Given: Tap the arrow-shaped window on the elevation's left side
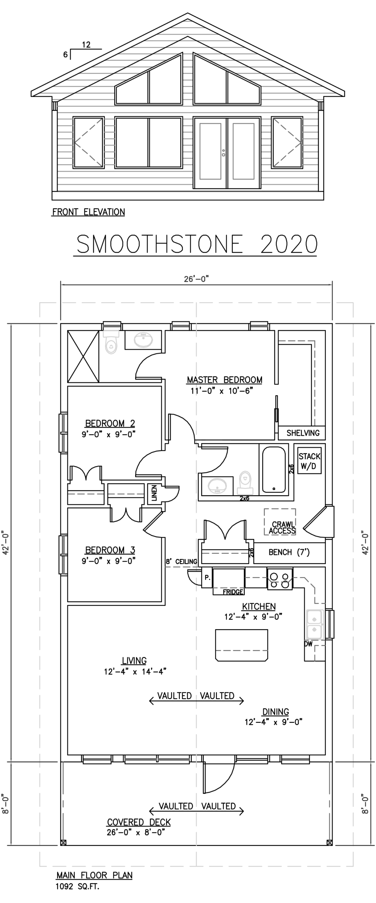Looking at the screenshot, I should [x=88, y=143].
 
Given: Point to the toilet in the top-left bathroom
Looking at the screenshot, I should [x=111, y=341].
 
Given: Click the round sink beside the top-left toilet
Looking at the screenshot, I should [x=144, y=340].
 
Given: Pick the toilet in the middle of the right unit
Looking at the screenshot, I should [x=244, y=483].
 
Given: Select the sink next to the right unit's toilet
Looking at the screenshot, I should [x=217, y=486].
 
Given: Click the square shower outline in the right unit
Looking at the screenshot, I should [x=279, y=522].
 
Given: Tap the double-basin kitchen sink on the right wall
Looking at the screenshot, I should [x=314, y=623].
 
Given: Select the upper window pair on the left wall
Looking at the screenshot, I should [x=64, y=433].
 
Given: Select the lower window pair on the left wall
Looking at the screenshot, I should [x=64, y=555].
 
